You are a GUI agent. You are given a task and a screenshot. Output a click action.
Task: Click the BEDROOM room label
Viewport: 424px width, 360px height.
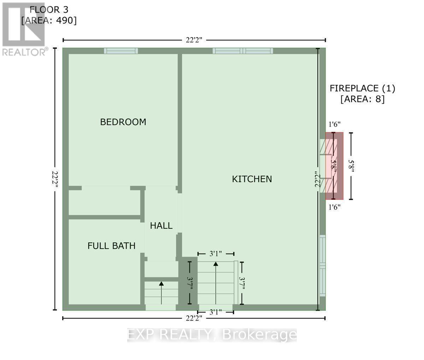tap(123, 122)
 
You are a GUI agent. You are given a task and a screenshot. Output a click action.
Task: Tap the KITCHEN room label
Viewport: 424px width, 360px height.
tap(252, 179)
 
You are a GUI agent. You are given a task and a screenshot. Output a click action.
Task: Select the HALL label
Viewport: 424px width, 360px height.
tap(161, 226)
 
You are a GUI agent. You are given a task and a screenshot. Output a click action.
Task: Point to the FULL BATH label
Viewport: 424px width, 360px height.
tap(111, 246)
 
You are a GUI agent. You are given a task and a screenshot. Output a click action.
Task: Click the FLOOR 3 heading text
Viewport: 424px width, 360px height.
tap(49, 10)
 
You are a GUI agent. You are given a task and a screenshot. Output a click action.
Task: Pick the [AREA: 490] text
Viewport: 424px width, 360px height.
tap(49, 21)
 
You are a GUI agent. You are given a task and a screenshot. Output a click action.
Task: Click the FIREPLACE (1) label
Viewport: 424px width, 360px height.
tap(362, 88)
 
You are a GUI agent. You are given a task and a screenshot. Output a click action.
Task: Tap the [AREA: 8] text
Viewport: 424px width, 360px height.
tap(362, 99)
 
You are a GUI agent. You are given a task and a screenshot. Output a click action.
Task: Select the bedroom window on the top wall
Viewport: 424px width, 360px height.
tap(121, 51)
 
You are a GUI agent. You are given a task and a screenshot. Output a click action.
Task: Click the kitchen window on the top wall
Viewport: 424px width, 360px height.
tap(243, 51)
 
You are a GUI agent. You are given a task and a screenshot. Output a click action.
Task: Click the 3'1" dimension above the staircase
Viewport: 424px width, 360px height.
tap(216, 254)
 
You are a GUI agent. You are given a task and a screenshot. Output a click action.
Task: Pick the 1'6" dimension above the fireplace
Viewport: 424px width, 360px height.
tap(334, 124)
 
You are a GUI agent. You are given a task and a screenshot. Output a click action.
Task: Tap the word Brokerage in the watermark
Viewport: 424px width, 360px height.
tap(259, 335)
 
